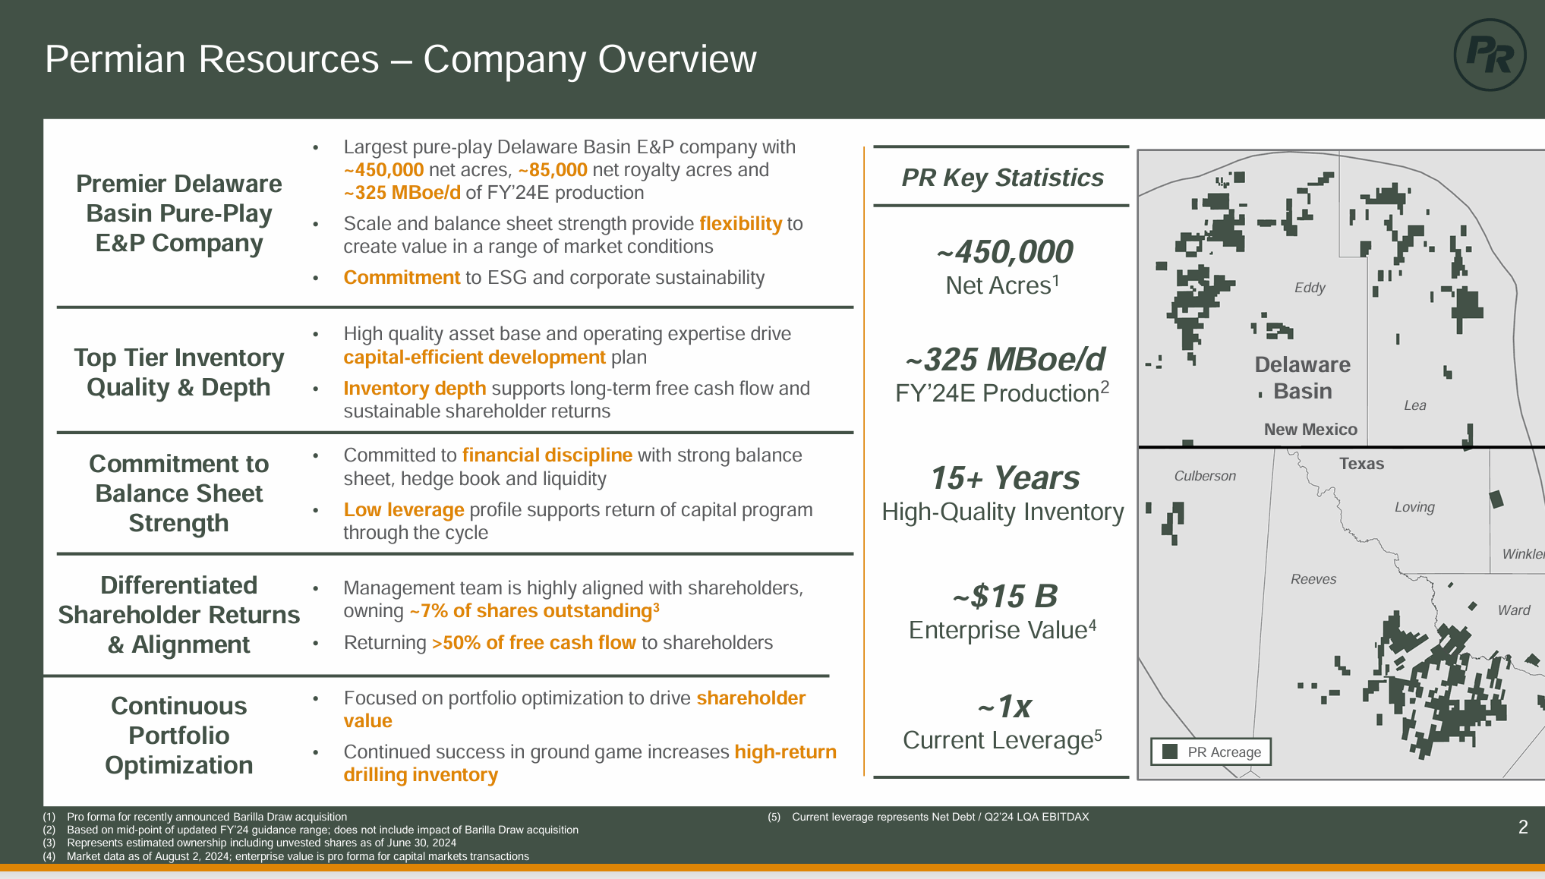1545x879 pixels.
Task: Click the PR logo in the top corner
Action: [1490, 55]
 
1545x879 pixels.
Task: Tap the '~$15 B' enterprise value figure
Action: [1004, 597]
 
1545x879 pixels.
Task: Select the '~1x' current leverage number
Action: [1004, 707]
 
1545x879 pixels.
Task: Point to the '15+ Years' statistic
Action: [1004, 478]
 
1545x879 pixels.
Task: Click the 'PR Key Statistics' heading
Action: [1002, 178]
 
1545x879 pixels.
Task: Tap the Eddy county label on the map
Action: [1310, 288]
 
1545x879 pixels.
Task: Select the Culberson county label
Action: [1205, 476]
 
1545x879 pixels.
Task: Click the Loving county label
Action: [1414, 507]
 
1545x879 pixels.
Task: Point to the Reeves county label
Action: [1313, 579]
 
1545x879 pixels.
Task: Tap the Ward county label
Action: [1514, 610]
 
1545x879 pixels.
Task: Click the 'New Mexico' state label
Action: [1310, 430]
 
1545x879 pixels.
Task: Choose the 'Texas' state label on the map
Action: [1361, 464]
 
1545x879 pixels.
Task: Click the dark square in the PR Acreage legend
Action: [1170, 751]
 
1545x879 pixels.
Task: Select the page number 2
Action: [1523, 827]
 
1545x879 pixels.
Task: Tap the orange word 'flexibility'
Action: [740, 224]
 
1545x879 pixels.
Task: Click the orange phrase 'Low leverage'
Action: [403, 510]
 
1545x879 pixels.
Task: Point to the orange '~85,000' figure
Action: [553, 170]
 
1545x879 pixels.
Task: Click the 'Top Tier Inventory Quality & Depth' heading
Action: [178, 372]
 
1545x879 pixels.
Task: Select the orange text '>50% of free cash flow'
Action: [534, 643]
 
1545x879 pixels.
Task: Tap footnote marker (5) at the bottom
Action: [774, 818]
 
